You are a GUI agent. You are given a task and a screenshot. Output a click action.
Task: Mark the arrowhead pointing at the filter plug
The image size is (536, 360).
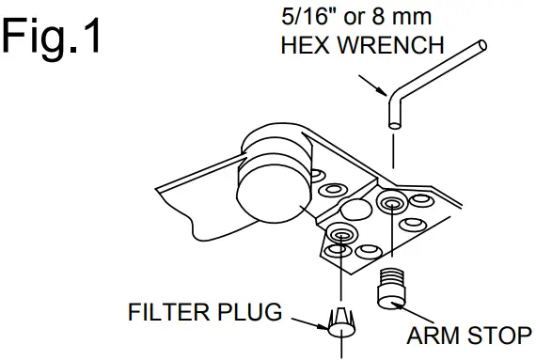tap(325, 328)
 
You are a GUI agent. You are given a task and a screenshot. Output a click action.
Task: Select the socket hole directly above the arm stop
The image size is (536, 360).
tap(390, 202)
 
